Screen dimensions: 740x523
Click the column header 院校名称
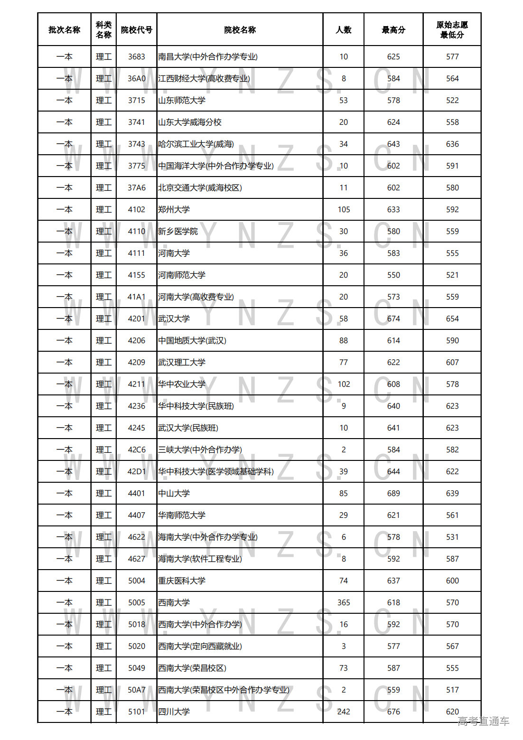[x=240, y=30]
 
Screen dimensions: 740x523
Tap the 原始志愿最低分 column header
[x=452, y=30]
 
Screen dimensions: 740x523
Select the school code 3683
[x=136, y=57]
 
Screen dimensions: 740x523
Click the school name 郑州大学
[x=174, y=210]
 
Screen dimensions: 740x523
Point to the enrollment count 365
[x=344, y=603]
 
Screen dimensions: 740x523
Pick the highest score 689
[x=393, y=494]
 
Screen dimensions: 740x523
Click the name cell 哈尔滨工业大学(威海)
[x=196, y=144]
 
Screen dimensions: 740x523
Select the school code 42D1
[x=136, y=472]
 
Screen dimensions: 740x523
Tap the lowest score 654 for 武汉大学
[x=452, y=319]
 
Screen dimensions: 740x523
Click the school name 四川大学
[x=174, y=712]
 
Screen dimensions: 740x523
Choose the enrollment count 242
[x=344, y=712]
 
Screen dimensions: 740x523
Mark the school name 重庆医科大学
[x=182, y=581]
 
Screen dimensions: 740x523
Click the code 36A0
[x=136, y=79]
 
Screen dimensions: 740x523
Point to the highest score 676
[x=393, y=712]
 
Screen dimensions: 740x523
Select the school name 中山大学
[x=174, y=494]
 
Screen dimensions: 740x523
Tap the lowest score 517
[x=452, y=690]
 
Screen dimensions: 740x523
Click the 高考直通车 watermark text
[x=483, y=721]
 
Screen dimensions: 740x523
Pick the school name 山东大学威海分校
[x=190, y=122]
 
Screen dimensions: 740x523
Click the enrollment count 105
[x=344, y=210]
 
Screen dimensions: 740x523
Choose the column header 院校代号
[x=136, y=30]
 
